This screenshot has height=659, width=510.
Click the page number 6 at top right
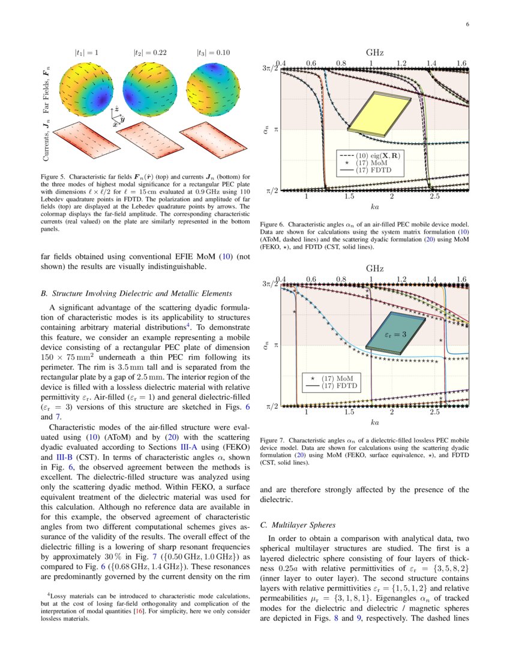[467, 25]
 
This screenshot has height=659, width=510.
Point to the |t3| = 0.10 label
[213, 53]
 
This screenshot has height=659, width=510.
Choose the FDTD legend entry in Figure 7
[332, 386]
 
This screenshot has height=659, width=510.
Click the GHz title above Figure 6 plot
[374, 53]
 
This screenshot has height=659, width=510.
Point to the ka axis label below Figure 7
[374, 423]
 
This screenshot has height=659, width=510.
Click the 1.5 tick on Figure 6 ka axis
[349, 197]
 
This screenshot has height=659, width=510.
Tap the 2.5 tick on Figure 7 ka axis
[434, 413]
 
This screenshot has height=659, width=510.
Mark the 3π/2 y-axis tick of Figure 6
[269, 69]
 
